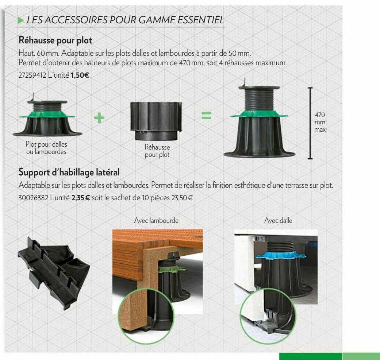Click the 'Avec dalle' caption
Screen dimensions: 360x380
[x=277, y=220]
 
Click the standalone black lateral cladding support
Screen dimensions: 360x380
[x=53, y=267]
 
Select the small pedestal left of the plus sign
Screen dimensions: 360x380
[x=46, y=116]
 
